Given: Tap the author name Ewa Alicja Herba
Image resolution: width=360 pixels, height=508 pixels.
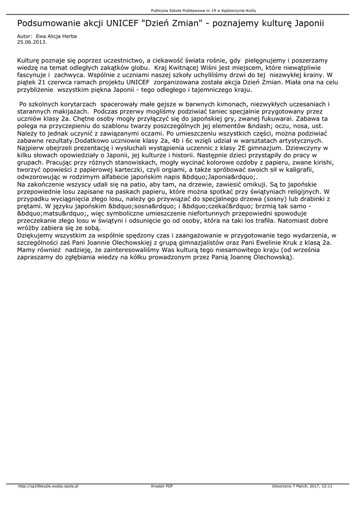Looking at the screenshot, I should [57, 36].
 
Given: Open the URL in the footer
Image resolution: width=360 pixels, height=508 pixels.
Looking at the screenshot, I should [49, 487].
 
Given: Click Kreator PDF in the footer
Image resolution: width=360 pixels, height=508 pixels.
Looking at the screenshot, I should [162, 487].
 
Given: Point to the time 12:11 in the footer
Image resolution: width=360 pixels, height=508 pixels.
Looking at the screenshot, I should [327, 487].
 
